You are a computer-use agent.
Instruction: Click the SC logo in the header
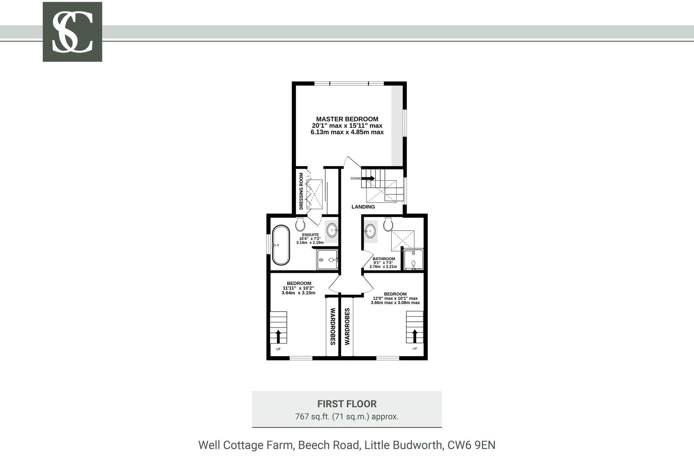click(x=72, y=32)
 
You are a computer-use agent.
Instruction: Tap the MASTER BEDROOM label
click(x=347, y=119)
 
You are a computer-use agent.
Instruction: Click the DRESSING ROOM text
click(x=301, y=191)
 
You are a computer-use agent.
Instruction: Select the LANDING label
click(x=363, y=207)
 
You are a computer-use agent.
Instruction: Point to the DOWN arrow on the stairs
click(x=368, y=178)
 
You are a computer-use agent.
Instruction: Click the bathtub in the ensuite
click(x=281, y=245)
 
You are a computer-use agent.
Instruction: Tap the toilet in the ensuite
click(x=300, y=224)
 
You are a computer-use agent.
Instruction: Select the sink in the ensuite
click(x=332, y=229)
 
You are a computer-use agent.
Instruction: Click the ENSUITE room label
click(x=310, y=235)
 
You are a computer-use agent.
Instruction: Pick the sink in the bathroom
click(x=370, y=230)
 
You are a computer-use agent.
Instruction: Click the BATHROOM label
click(x=384, y=259)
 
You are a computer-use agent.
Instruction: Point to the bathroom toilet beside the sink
click(x=388, y=224)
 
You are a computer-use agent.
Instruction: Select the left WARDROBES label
click(x=332, y=326)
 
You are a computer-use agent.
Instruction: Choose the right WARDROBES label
click(x=347, y=326)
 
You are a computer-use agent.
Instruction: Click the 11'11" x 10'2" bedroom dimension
click(x=298, y=288)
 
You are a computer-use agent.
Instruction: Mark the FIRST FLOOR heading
click(x=347, y=404)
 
